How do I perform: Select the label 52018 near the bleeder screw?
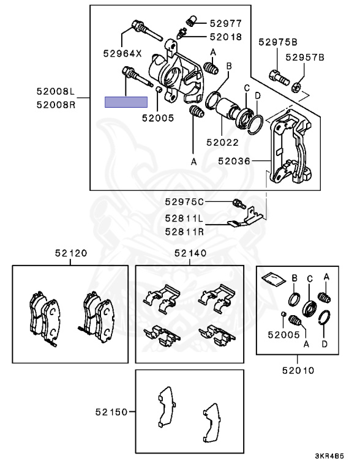[x=226, y=37]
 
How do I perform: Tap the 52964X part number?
[x=122, y=53]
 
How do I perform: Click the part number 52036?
[x=234, y=162]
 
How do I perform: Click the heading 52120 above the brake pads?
[x=70, y=253]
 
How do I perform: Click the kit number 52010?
[x=298, y=370]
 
